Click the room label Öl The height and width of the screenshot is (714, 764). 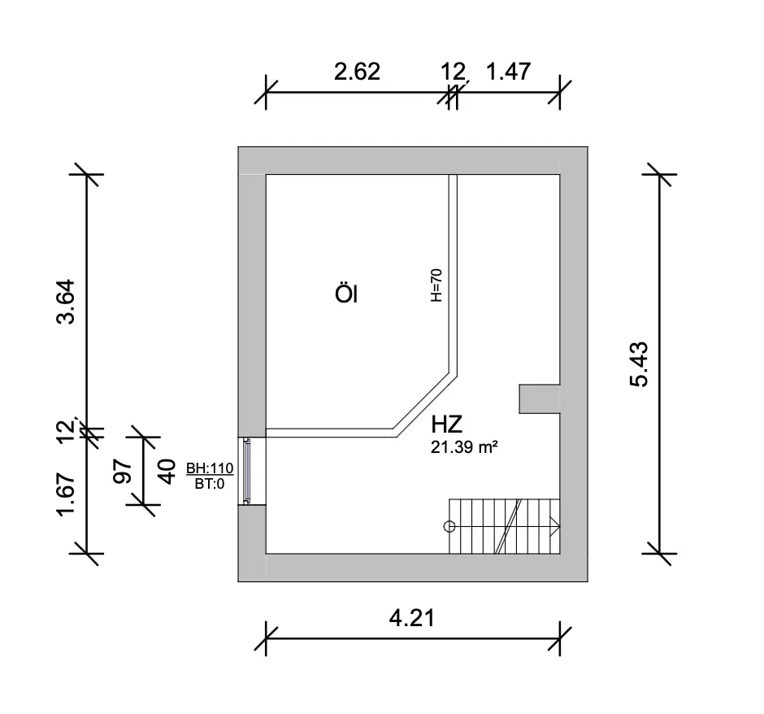346,294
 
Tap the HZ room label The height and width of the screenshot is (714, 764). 446,424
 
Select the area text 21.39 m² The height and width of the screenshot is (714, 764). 464,447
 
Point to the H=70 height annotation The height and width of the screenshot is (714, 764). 436,285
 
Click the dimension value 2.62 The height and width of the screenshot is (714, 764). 357,72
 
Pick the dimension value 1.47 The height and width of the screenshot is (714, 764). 508,72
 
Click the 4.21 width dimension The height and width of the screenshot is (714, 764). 412,618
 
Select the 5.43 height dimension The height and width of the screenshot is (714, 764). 640,364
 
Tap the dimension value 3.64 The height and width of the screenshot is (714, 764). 66,302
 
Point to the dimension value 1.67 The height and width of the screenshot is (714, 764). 66,494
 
